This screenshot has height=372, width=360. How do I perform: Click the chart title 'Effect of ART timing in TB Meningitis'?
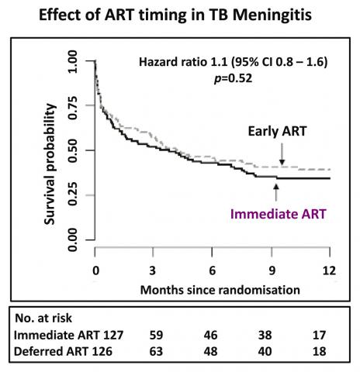pos(175,15)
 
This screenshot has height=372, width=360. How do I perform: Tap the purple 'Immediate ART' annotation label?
pos(278,214)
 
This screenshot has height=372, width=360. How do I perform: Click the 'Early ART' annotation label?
pos(277,131)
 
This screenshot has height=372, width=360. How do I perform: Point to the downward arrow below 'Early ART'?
pos(282,154)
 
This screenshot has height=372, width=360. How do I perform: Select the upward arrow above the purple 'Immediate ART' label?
pos(276,192)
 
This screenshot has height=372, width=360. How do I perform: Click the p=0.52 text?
pos(233,78)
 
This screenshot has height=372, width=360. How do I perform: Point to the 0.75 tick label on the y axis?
pos(73,108)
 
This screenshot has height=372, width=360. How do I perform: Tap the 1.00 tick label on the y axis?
pos(73,61)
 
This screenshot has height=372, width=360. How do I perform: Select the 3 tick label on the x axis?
pos(152,270)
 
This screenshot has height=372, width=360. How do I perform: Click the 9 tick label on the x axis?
pos(272,270)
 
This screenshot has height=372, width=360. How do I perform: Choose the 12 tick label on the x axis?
pos(329,270)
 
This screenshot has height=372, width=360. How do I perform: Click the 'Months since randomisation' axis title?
pos(220,290)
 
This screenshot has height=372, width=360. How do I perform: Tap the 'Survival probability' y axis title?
pos(50,164)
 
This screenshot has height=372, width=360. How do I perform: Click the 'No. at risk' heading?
pos(43,318)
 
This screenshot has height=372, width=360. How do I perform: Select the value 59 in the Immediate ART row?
pos(156,335)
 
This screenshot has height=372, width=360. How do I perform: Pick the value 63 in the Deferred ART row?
pos(156,351)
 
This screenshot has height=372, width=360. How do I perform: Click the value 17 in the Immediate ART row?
pos(319,335)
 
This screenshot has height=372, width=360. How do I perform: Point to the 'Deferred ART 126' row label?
pos(63,351)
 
